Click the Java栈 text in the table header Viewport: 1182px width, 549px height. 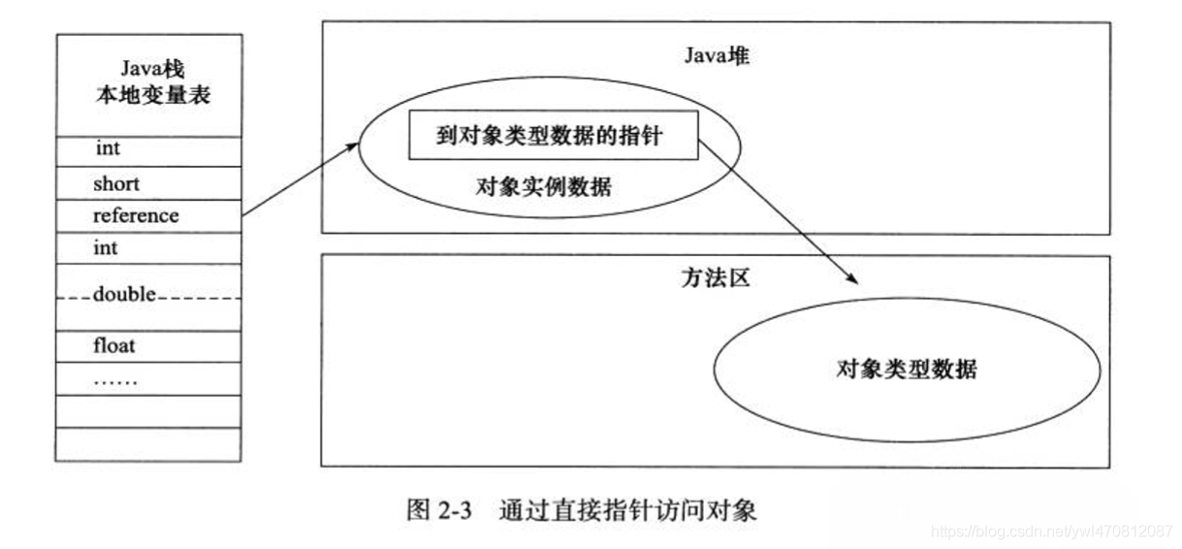coord(151,69)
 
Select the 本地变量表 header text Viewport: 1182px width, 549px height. coord(151,96)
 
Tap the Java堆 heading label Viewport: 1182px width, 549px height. coord(717,55)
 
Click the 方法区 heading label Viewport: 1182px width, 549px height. coord(716,278)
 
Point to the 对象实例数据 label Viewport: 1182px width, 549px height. coord(544,187)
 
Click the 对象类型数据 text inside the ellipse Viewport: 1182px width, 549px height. coord(907,370)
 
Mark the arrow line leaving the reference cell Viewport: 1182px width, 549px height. coord(296,179)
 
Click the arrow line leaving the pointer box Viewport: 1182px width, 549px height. coord(776,209)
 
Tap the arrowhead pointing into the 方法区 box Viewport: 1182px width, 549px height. coord(854,280)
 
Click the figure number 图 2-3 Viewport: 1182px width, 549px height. coord(437,510)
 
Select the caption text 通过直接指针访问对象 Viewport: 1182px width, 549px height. coord(628,510)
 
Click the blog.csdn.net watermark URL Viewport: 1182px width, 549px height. coord(1052,532)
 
